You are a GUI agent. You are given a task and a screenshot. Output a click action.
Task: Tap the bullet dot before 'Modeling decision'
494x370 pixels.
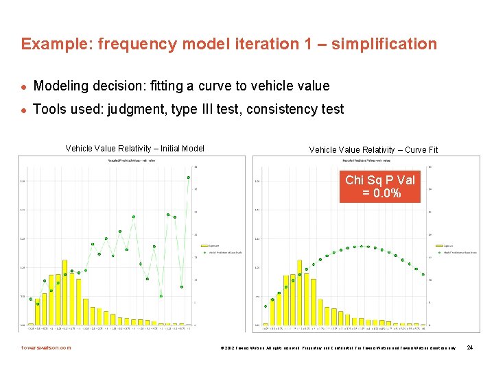tap(23, 87)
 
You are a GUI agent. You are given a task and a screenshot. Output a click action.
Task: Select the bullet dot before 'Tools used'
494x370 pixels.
tap(23, 110)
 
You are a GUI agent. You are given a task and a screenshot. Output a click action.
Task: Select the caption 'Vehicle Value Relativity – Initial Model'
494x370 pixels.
tap(134, 149)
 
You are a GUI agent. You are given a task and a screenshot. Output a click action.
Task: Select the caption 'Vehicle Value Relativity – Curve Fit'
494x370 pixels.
tap(373, 149)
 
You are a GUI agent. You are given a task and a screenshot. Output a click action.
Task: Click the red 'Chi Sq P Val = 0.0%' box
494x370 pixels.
tap(379, 186)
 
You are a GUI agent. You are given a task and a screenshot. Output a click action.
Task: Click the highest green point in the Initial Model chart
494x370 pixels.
tap(188, 177)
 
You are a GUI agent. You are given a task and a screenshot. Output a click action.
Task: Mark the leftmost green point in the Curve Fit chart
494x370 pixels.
tap(272, 299)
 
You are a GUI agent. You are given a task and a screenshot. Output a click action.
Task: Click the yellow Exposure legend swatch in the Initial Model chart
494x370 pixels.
tap(202, 243)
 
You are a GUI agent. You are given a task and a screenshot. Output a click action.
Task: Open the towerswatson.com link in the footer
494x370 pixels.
tap(46, 347)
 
